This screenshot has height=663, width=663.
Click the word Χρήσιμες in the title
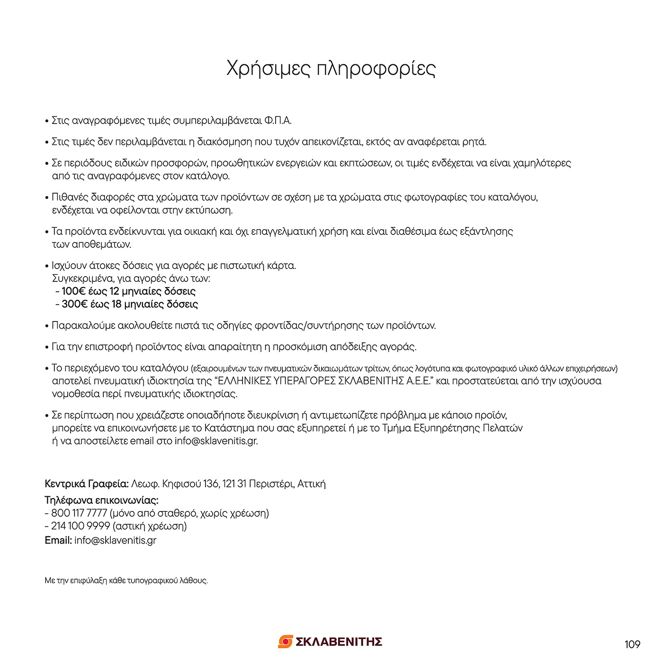[267, 69]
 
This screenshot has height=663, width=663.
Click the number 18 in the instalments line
[116, 304]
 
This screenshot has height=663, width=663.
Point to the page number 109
[632, 644]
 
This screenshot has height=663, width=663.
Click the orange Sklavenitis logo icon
[285, 642]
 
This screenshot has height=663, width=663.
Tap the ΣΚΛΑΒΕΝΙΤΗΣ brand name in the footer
[339, 642]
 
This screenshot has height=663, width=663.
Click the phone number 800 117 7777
[79, 513]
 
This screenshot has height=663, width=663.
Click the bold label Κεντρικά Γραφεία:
[87, 484]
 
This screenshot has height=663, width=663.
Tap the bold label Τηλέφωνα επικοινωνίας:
[101, 500]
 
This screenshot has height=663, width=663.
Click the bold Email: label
[58, 540]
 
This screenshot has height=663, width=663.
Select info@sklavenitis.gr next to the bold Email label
[115, 540]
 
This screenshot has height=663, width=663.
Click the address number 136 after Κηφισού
[211, 484]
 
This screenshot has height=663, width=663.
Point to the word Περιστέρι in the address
[271, 484]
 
